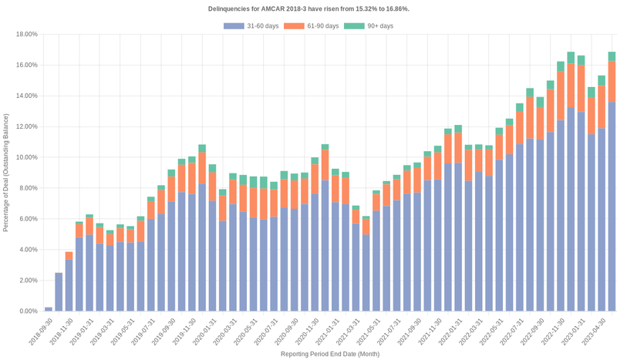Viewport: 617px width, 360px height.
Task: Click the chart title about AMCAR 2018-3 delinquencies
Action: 308,8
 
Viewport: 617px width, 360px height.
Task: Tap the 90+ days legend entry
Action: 368,26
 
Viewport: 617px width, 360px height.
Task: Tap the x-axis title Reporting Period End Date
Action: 330,354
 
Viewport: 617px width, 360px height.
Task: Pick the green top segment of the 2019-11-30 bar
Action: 202,148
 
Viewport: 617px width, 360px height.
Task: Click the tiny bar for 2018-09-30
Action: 49,309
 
